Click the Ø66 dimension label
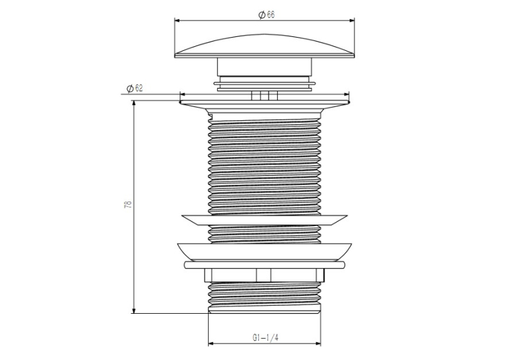click(266, 15)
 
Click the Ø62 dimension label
click(135, 88)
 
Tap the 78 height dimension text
click(128, 204)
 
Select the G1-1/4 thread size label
click(265, 338)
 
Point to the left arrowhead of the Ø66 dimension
click(177, 20)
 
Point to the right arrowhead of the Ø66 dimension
click(352, 20)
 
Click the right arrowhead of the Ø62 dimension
click(347, 94)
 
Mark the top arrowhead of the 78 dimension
click(133, 103)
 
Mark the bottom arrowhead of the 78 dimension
click(133, 310)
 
